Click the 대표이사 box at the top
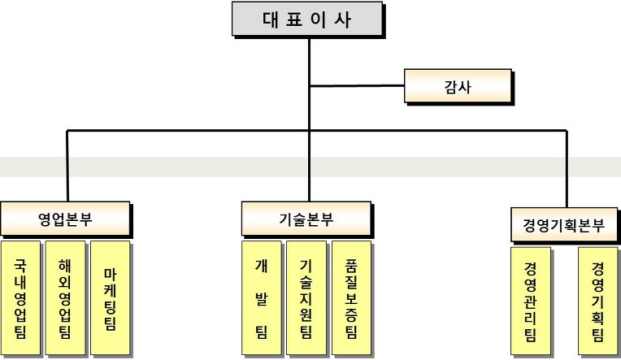click(307, 19)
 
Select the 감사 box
click(458, 86)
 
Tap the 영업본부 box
click(65, 219)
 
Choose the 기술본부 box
click(306, 219)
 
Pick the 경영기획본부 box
click(564, 224)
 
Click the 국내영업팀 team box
click(20, 297)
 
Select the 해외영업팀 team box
click(65, 297)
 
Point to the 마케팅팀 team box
click(110, 297)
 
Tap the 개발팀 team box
click(262, 297)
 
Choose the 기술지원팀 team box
click(306, 297)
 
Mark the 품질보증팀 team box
click(351, 297)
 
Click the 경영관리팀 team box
click(530, 301)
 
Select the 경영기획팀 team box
click(597, 301)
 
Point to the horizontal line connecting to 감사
click(357, 85)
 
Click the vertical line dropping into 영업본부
click(67, 166)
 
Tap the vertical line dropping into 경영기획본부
click(567, 169)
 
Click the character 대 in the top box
click(271, 19)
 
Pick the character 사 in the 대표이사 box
click(342, 19)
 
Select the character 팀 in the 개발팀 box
click(262, 330)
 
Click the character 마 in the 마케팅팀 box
click(110, 274)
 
